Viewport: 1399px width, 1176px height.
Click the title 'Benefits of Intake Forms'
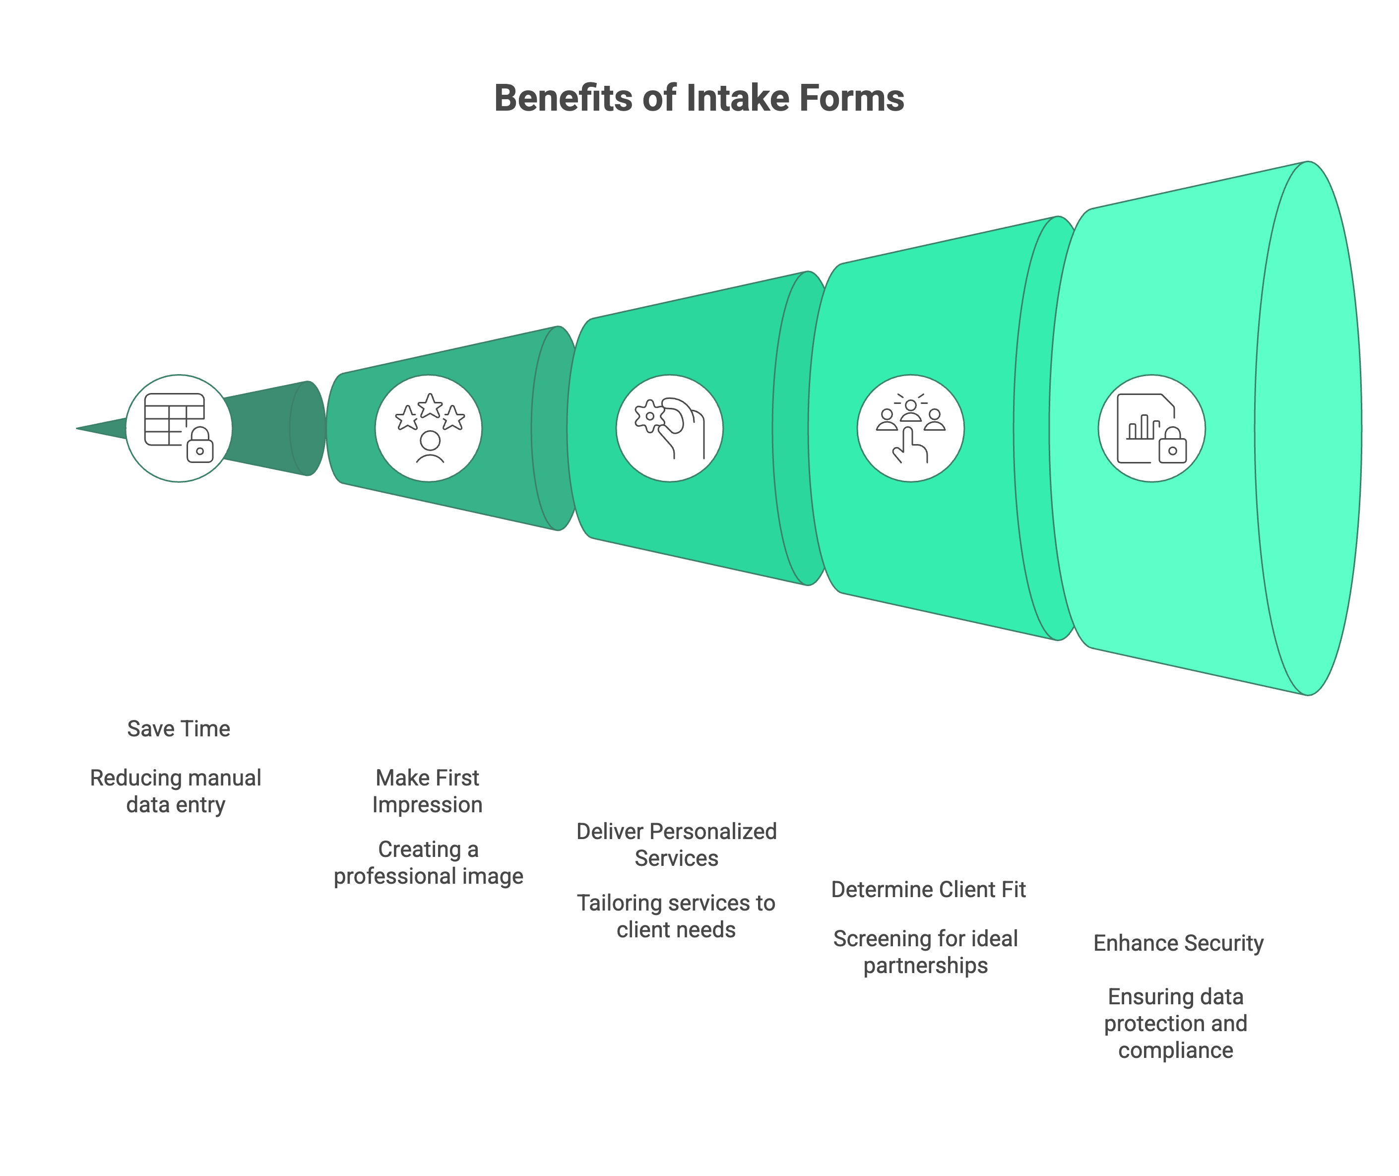coord(699,98)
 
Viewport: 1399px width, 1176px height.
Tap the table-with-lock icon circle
coord(179,428)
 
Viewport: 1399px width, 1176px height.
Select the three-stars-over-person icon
coord(429,428)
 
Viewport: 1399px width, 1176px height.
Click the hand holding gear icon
coord(669,428)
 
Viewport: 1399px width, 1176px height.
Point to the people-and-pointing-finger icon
coord(910,428)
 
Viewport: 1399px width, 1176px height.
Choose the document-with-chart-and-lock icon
coord(1151,428)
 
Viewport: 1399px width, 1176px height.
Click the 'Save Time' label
coord(179,728)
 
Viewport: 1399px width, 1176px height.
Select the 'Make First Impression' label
coord(427,791)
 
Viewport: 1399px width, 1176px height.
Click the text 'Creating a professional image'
coord(429,863)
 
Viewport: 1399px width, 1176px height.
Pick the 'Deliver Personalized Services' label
coord(677,845)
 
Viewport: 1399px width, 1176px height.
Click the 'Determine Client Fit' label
coord(928,889)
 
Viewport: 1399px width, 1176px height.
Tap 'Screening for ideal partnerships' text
coord(926,952)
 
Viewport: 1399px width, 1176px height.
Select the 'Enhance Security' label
coord(1178,943)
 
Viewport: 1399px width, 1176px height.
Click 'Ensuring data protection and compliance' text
coord(1176,1023)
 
